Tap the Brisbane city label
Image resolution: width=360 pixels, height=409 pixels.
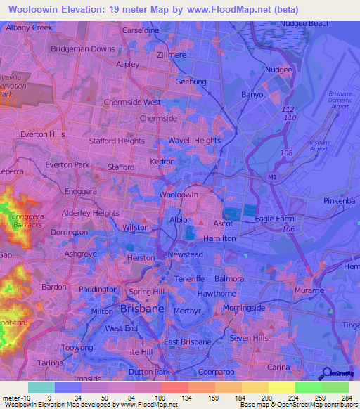[143, 309]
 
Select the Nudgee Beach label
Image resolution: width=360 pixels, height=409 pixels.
[304, 23]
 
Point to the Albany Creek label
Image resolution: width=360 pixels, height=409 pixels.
[29, 27]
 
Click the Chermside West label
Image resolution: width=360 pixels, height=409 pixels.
[132, 102]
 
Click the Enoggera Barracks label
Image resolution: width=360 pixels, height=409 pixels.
[27, 220]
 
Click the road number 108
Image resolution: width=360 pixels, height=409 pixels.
[285, 152]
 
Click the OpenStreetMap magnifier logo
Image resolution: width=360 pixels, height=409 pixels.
[326, 373]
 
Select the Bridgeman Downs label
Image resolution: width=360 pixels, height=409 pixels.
[82, 49]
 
